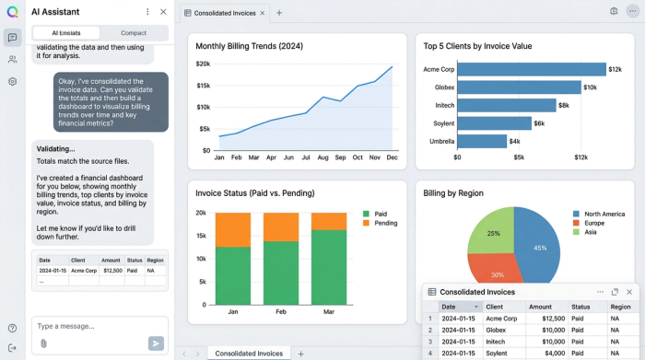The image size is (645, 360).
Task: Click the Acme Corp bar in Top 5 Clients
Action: coord(531,69)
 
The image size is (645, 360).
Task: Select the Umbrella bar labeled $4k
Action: coord(482,141)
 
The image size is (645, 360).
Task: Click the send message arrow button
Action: coord(156,343)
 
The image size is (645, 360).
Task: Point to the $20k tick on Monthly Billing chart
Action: coord(203,64)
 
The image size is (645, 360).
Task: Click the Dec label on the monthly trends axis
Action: coord(392,158)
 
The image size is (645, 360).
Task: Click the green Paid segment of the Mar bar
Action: coord(329,267)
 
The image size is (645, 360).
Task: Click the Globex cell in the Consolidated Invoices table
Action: coord(498,330)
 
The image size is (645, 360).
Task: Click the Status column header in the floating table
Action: coord(580,307)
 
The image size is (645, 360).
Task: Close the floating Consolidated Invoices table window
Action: coord(629,292)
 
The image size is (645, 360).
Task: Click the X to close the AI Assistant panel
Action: coord(163,12)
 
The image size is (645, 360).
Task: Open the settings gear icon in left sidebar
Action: coord(13,81)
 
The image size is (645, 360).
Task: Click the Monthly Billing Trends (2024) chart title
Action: coord(249,46)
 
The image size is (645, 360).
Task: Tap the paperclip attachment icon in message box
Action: coord(43,343)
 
